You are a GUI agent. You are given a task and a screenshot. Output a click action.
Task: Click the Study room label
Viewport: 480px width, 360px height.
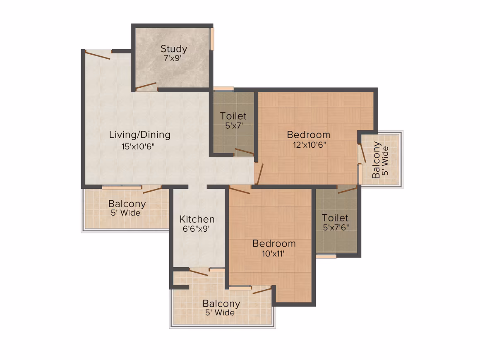173,49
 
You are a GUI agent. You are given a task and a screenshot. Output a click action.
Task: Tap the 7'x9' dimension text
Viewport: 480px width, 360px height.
173,58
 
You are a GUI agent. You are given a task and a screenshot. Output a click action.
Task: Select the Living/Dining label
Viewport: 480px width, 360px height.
140,135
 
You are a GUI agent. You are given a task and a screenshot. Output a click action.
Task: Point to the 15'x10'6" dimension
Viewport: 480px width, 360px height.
138,146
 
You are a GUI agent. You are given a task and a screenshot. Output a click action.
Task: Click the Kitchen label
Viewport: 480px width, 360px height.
197,219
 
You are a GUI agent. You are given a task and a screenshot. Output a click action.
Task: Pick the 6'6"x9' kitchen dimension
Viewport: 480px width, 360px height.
196,229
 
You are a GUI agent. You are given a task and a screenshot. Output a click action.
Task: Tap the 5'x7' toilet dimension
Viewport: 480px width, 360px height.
234,125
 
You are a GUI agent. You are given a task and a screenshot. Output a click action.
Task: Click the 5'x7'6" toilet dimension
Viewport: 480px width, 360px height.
336,228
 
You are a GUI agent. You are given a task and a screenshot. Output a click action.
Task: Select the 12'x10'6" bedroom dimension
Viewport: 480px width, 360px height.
310,144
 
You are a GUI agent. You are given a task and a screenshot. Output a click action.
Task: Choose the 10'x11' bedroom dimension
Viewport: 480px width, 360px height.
273,254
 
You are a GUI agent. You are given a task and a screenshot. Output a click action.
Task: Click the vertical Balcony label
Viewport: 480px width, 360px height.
376,159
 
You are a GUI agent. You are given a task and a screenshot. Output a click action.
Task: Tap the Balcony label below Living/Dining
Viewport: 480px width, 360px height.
127,204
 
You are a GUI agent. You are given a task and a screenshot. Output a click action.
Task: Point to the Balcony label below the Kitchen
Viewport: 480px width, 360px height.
221,303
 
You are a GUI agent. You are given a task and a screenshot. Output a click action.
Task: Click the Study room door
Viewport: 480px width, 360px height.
146,86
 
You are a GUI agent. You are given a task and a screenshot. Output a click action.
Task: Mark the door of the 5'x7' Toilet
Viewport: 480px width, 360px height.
244,151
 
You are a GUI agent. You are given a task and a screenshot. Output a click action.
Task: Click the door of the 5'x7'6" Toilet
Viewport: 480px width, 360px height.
348,190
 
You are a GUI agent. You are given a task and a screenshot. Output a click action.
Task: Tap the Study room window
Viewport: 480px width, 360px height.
212,39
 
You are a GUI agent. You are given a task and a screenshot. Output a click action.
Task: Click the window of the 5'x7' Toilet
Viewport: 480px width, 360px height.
223,89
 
